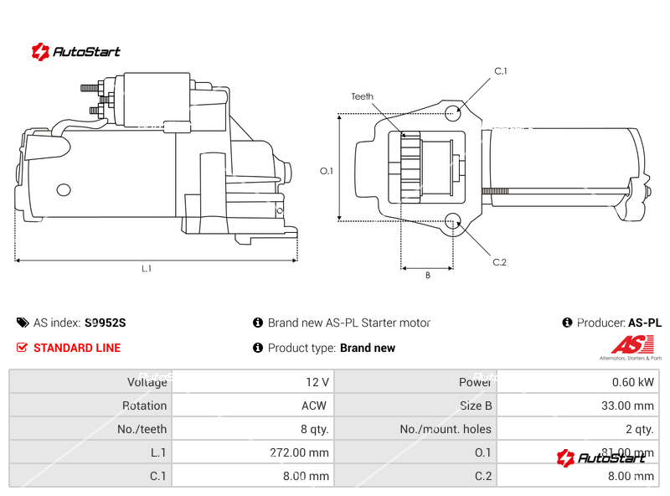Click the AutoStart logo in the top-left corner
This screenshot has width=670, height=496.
[x=75, y=52]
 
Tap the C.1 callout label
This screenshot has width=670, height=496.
[x=501, y=71]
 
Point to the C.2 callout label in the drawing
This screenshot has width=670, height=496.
[x=500, y=262]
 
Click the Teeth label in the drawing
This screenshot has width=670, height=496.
[x=362, y=97]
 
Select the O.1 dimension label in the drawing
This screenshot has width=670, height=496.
[x=327, y=171]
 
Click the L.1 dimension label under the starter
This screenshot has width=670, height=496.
[x=147, y=269]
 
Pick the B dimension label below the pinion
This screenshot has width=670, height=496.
[x=427, y=276]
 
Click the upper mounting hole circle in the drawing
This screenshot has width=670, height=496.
[x=453, y=113]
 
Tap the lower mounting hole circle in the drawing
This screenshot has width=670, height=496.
[x=453, y=221]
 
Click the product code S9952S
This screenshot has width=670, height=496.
[x=105, y=323]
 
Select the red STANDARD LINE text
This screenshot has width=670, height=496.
[x=76, y=348]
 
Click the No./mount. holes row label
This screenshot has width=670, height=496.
[x=445, y=429]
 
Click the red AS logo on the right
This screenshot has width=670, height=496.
[x=631, y=344]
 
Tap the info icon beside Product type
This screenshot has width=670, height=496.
[x=258, y=348]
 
